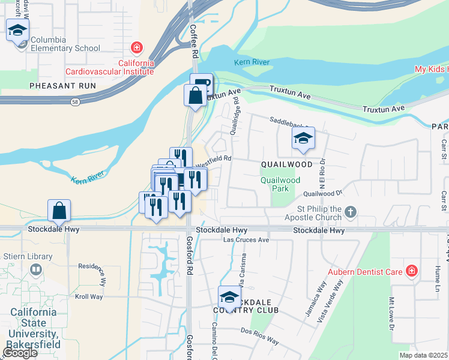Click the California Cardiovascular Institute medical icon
tap(137, 48)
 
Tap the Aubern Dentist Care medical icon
tap(411, 271)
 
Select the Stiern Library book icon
tap(37, 270)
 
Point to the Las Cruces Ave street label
tap(246, 239)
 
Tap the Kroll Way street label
tap(89, 296)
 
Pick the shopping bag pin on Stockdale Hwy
tap(59, 211)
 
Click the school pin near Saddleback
tap(304, 139)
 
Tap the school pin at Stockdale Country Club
tap(229, 297)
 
